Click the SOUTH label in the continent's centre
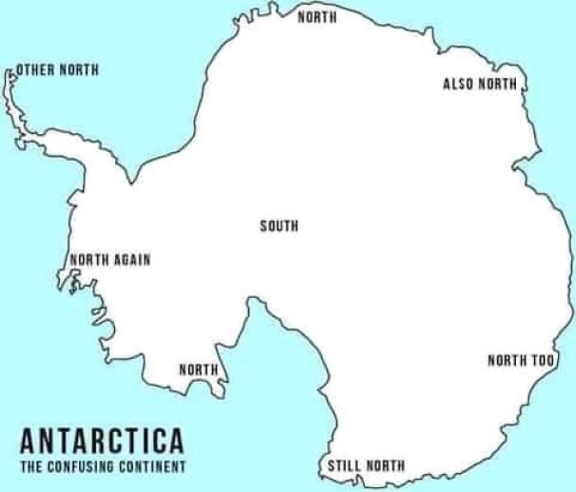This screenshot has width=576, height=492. (x=279, y=226)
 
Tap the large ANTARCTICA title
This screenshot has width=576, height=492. (x=101, y=441)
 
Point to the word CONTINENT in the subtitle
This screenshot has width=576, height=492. (x=156, y=466)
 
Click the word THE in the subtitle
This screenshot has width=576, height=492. (x=29, y=466)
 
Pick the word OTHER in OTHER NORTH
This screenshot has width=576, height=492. (x=35, y=70)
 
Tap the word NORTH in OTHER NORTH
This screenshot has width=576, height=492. (x=80, y=70)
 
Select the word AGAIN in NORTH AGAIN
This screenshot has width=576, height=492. (x=132, y=260)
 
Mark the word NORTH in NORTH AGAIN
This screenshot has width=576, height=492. (x=90, y=260)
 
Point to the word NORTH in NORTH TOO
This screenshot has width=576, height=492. (x=507, y=360)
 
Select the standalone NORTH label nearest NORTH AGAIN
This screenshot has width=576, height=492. (x=199, y=369)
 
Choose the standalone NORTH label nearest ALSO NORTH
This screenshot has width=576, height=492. (x=317, y=17)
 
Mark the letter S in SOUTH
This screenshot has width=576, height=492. (x=263, y=226)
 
